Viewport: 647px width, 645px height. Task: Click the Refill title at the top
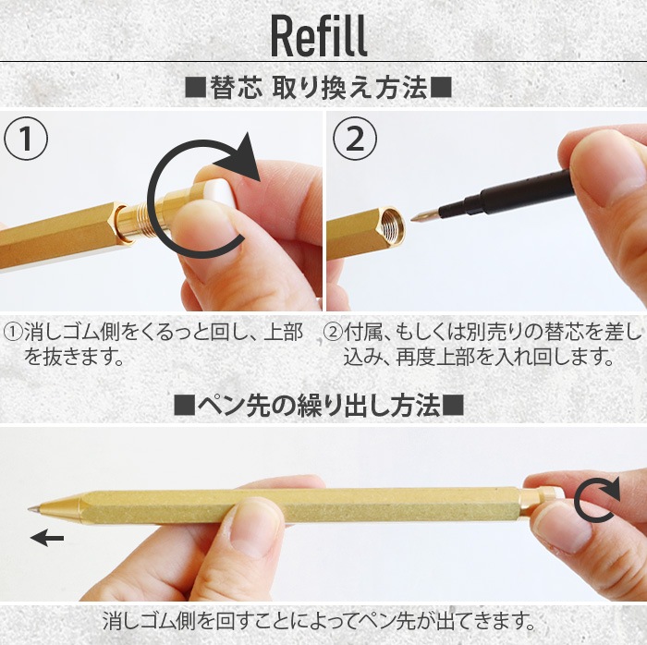point(319,35)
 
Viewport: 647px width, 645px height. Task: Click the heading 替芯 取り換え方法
point(318,89)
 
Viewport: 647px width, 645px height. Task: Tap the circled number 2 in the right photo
point(354,140)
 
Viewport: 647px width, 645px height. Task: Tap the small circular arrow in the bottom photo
point(594,504)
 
